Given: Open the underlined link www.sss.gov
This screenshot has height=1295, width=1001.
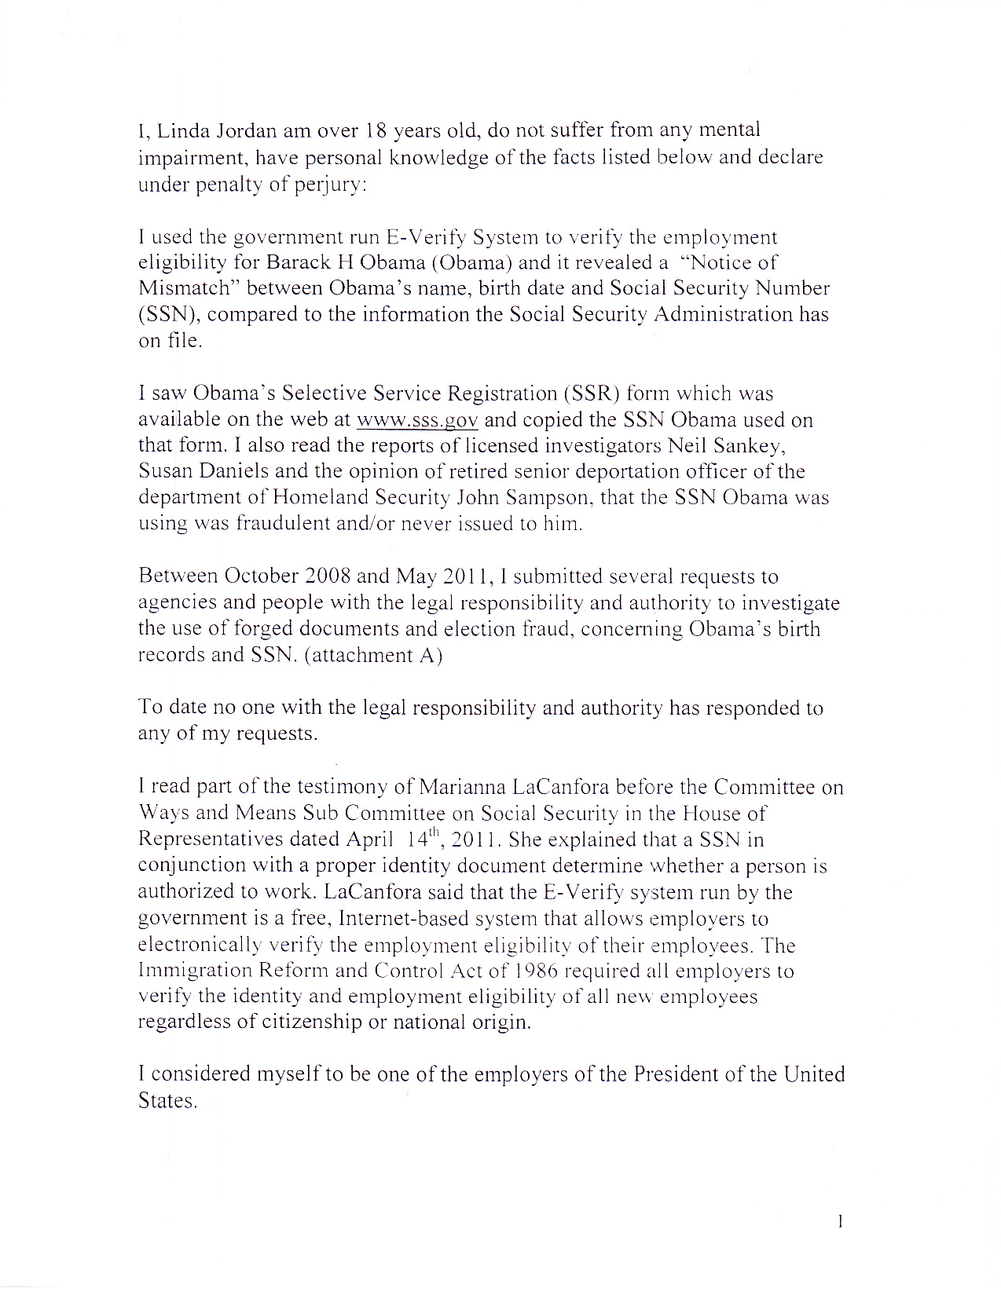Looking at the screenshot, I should tap(417, 420).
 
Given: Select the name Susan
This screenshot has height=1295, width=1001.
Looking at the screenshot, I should tap(169, 472).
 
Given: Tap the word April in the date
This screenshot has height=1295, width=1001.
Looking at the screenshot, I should tap(369, 840).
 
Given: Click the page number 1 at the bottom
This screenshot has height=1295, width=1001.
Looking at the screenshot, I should tap(840, 1221).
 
